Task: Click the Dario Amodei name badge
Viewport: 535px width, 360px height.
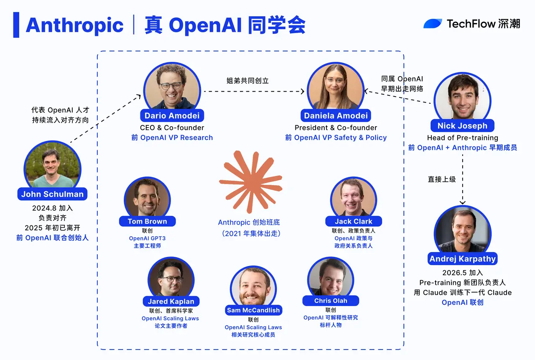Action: click(x=172, y=116)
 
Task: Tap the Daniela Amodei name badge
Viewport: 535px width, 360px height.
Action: click(x=336, y=116)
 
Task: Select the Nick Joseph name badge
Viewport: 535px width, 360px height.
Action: click(x=462, y=126)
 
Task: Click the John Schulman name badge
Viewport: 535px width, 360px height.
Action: click(x=52, y=194)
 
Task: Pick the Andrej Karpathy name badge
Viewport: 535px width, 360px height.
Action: click(x=463, y=259)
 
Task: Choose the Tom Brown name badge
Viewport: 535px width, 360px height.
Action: click(x=148, y=221)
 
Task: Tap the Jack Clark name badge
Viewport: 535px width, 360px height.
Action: click(x=354, y=221)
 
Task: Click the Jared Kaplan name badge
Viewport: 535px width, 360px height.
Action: click(x=171, y=301)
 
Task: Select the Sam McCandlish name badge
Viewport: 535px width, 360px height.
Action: click(x=253, y=310)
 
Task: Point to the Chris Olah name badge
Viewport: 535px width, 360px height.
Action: click(x=331, y=301)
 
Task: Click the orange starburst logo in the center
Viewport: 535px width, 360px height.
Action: click(x=250, y=182)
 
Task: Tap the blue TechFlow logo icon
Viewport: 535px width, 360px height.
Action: click(x=433, y=24)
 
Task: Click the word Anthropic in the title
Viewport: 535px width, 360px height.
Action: click(x=74, y=25)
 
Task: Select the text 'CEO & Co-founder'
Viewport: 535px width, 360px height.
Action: click(x=172, y=128)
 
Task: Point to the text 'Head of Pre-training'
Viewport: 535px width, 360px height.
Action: click(x=463, y=138)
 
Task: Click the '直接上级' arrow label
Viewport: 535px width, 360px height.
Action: click(x=442, y=179)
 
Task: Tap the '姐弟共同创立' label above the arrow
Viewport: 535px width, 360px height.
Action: click(x=247, y=81)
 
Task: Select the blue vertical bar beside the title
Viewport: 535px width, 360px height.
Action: click(x=16, y=25)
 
